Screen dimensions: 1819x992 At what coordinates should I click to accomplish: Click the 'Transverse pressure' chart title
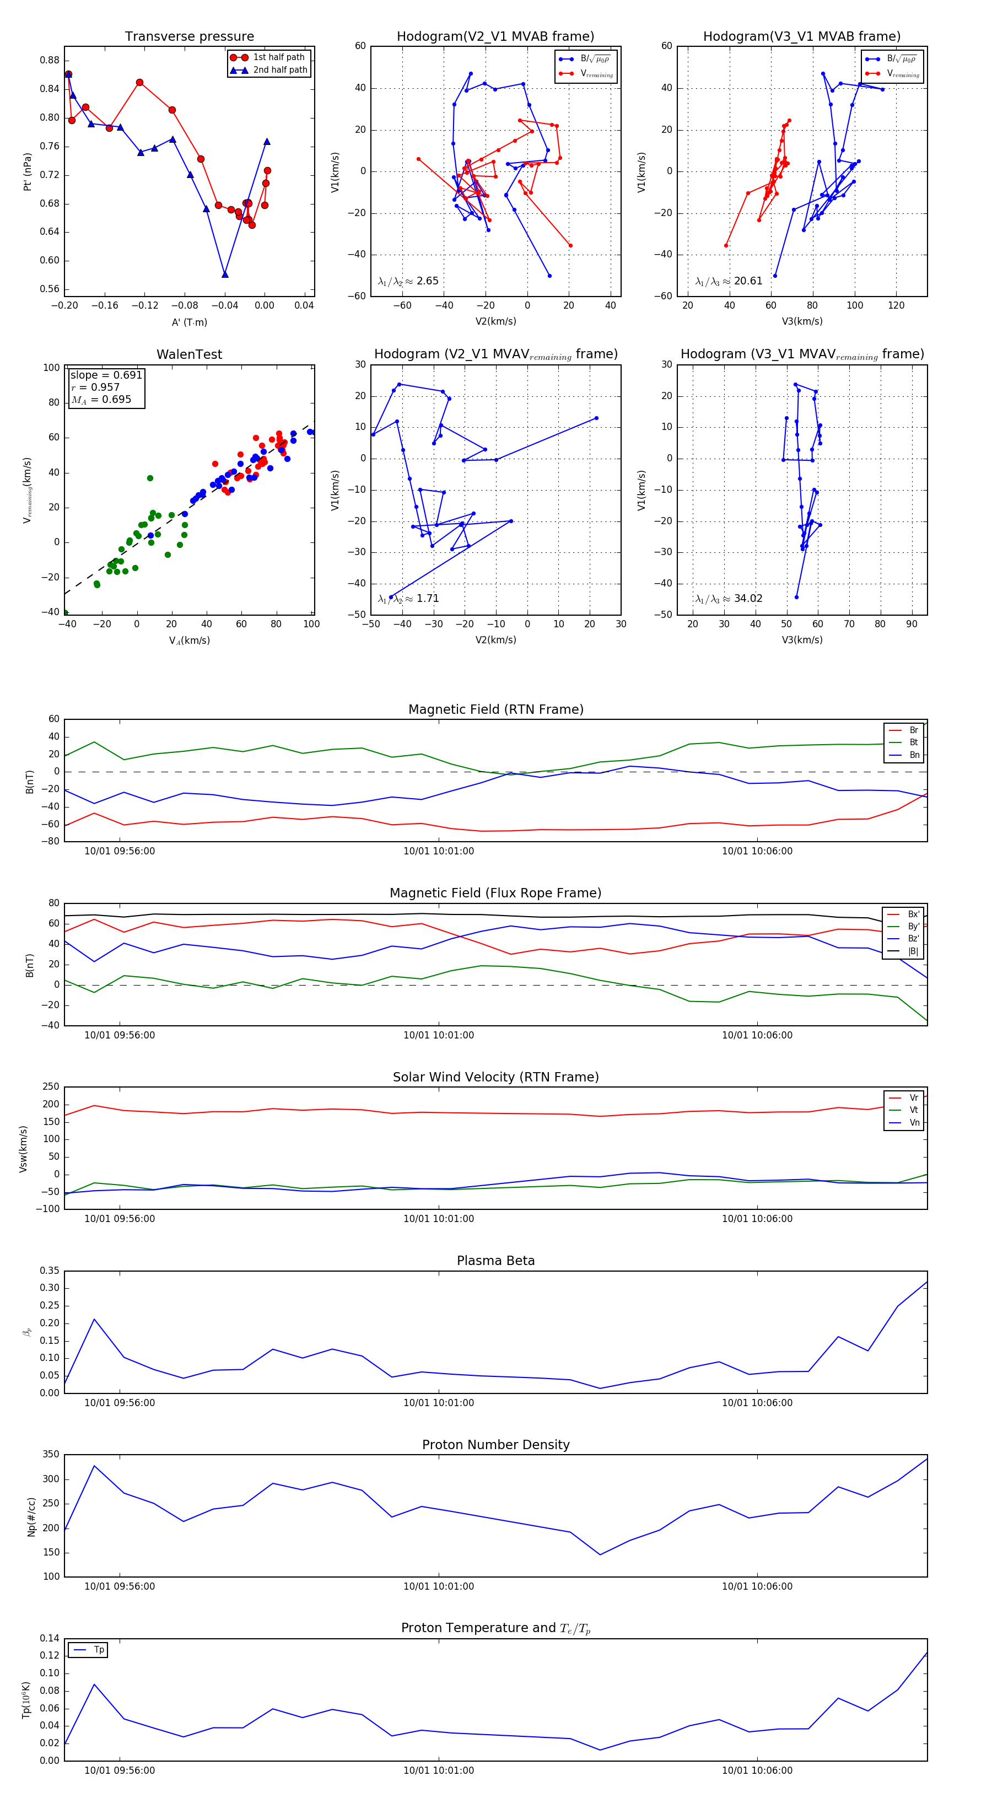(x=189, y=37)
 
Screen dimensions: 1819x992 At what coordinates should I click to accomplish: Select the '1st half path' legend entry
(x=278, y=57)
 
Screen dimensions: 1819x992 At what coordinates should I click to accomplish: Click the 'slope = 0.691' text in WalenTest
(x=106, y=375)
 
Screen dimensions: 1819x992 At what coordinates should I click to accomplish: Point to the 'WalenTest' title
(x=189, y=354)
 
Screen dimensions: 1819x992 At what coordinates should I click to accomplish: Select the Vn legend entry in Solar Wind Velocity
(x=914, y=1123)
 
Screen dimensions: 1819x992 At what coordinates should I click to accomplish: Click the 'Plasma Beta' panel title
(x=495, y=1261)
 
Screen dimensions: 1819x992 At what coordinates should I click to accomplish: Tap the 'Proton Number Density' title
(x=495, y=1445)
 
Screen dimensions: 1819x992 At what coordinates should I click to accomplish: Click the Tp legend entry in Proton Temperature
(x=98, y=1650)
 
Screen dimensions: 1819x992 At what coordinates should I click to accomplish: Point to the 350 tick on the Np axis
(x=51, y=1455)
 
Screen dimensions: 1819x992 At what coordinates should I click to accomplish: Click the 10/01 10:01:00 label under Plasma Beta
(x=439, y=1403)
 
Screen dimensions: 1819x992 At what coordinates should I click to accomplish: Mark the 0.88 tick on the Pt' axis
(x=50, y=60)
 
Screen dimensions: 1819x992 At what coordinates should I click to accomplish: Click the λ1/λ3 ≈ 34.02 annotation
(x=729, y=599)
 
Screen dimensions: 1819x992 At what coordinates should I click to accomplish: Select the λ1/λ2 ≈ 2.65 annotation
(x=408, y=281)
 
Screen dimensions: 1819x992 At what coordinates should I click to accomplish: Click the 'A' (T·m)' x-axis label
(x=189, y=322)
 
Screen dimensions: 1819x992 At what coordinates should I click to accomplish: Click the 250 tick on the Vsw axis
(x=51, y=1087)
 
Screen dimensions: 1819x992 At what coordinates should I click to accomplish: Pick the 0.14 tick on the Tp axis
(x=50, y=1638)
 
